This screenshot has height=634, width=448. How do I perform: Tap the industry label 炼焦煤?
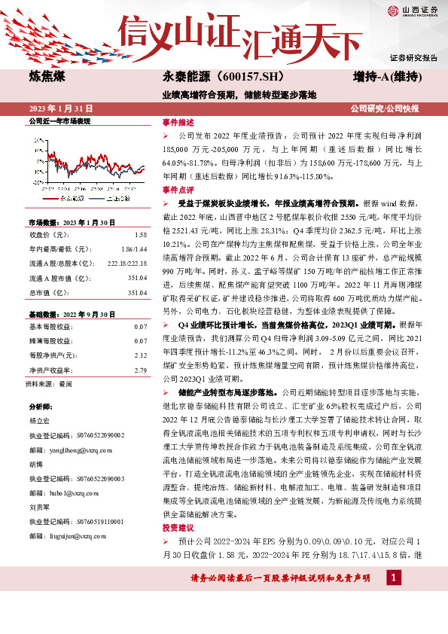(47, 77)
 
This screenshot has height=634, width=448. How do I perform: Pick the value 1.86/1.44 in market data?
(136, 248)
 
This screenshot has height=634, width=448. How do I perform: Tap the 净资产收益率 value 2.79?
(141, 349)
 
